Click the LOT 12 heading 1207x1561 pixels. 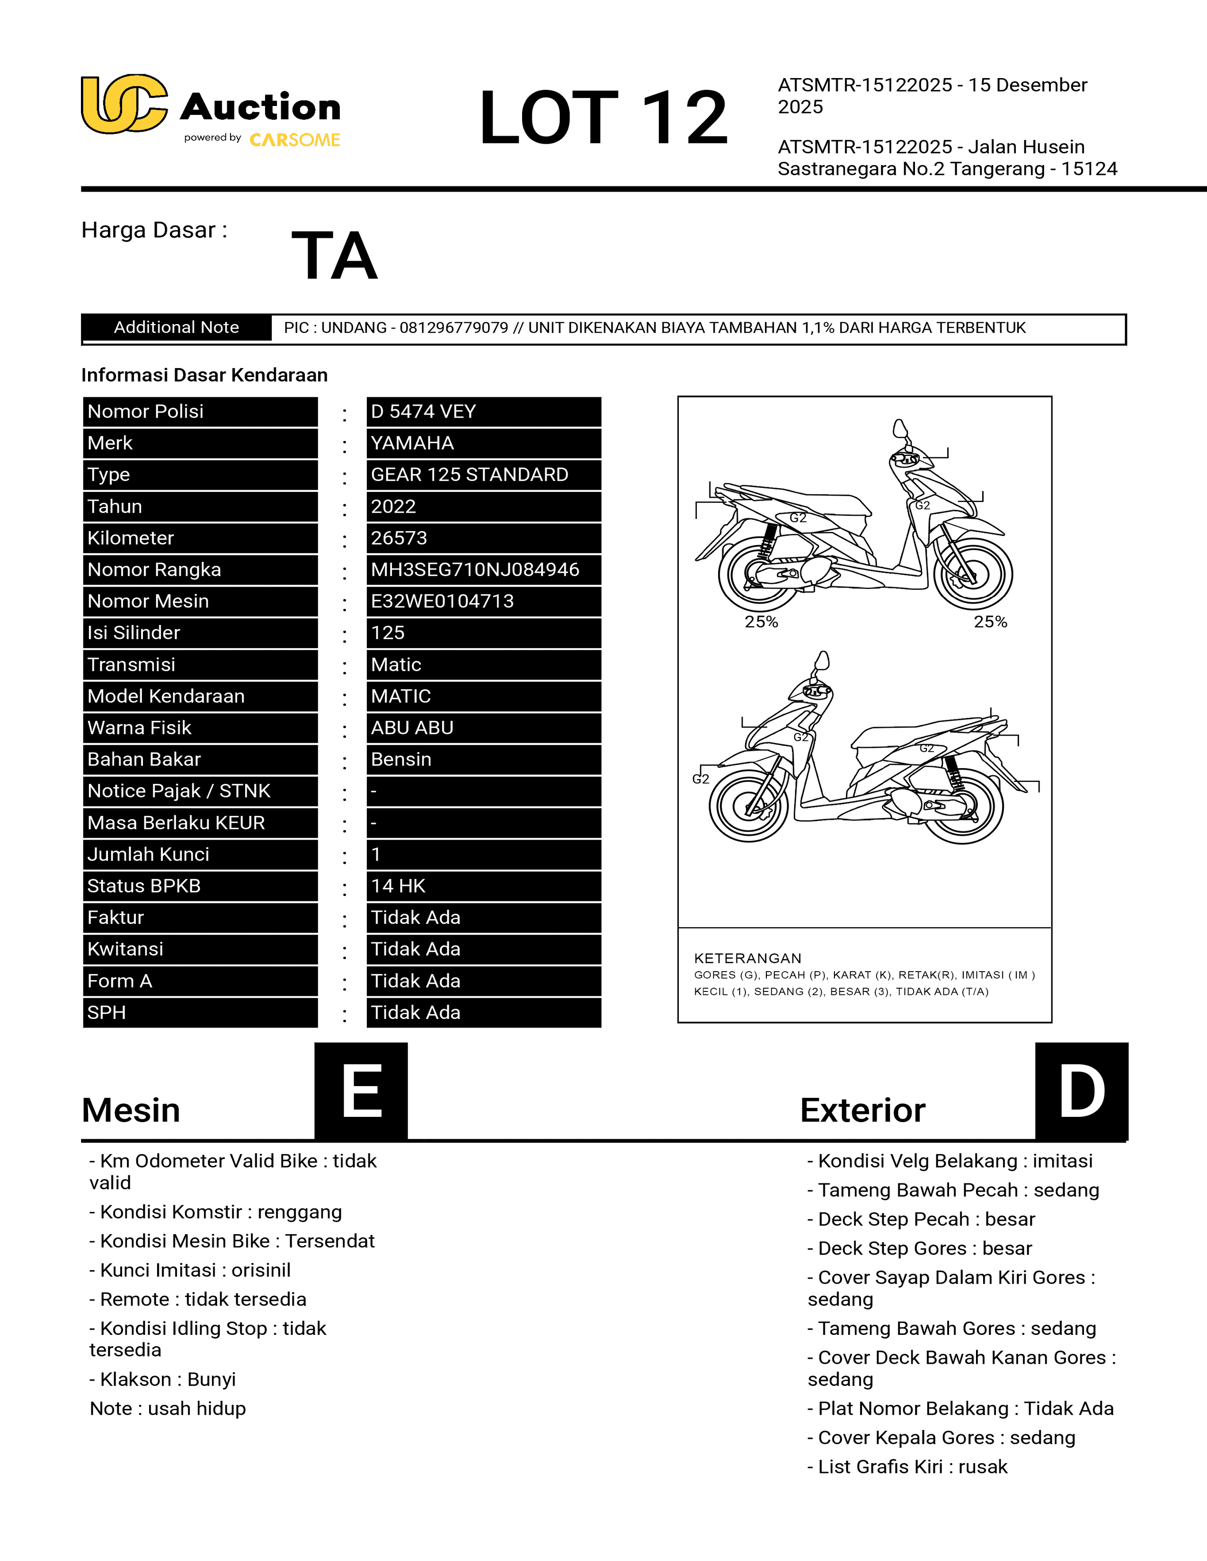click(x=603, y=117)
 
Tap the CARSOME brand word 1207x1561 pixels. click(x=294, y=140)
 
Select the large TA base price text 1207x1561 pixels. click(x=334, y=255)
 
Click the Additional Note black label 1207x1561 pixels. click(x=176, y=327)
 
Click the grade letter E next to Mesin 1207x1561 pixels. click(x=361, y=1091)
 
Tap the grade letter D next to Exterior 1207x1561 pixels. click(x=1081, y=1091)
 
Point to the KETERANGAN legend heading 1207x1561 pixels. click(x=747, y=958)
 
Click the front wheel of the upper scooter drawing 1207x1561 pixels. click(x=974, y=573)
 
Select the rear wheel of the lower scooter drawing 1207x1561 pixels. click(x=962, y=806)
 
